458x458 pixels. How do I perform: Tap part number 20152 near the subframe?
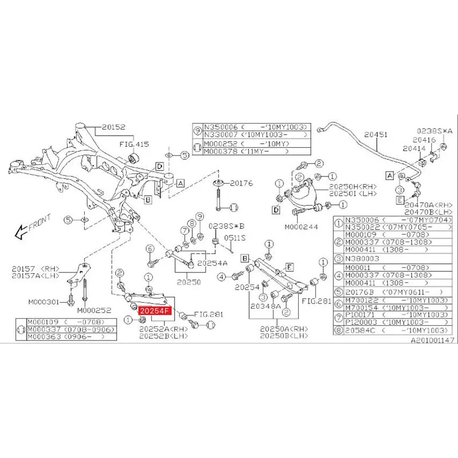[113, 128]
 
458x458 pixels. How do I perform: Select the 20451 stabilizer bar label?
[377, 135]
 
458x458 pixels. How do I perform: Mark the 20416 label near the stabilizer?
[425, 140]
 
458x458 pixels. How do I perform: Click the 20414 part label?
[413, 148]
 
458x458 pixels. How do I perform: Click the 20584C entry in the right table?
[366, 330]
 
